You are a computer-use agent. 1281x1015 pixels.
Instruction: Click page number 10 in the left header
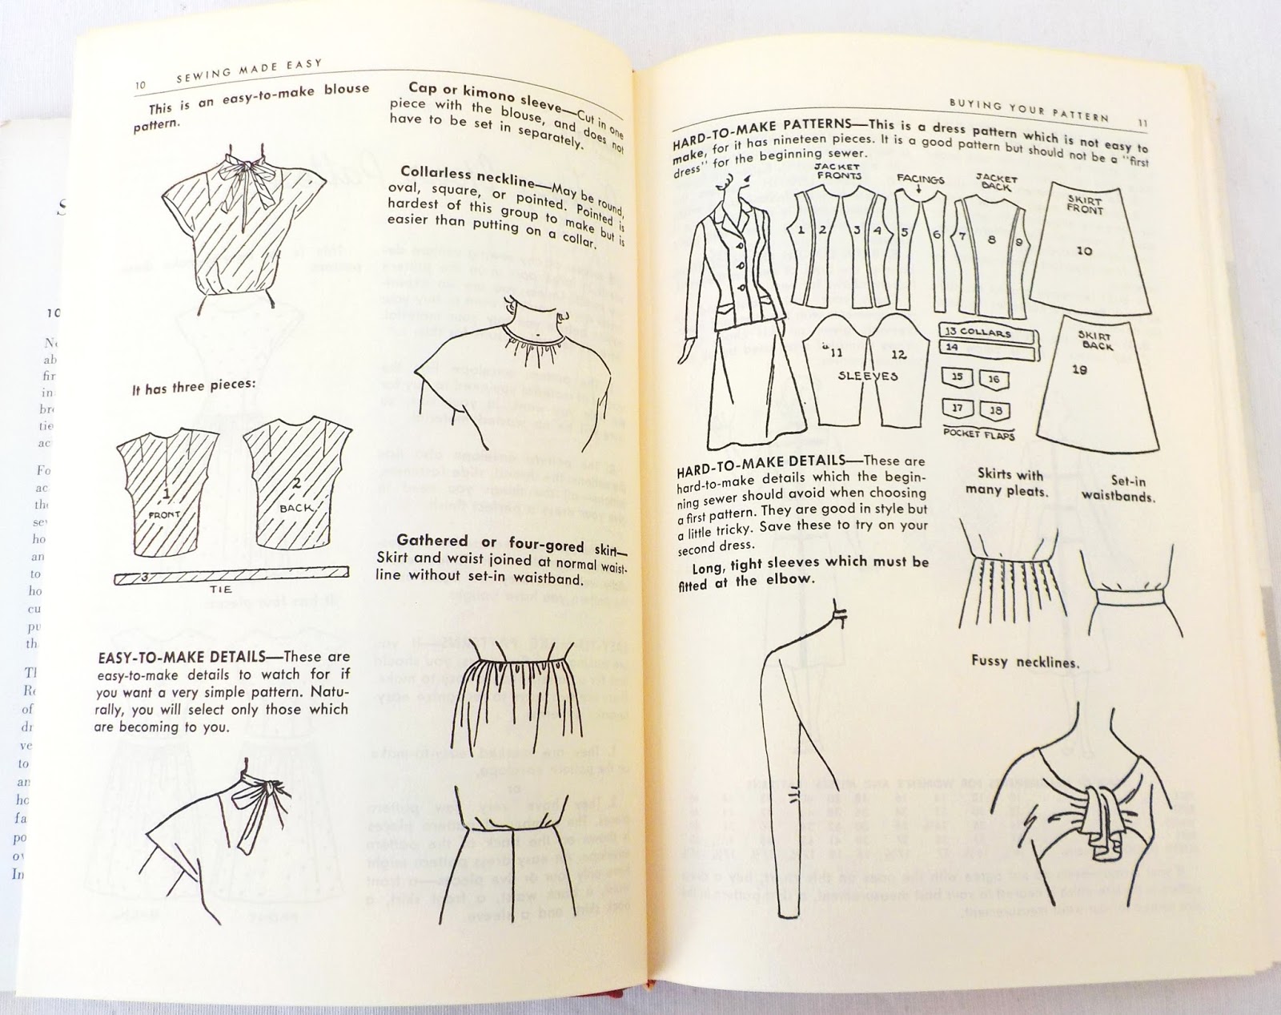tap(140, 86)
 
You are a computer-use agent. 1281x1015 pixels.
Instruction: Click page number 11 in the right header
tap(1142, 122)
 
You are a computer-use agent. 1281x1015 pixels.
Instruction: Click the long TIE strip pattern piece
tap(233, 574)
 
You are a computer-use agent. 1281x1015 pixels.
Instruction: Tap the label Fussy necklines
tap(1024, 662)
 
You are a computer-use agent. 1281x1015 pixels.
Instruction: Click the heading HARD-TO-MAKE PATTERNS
tap(757, 136)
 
